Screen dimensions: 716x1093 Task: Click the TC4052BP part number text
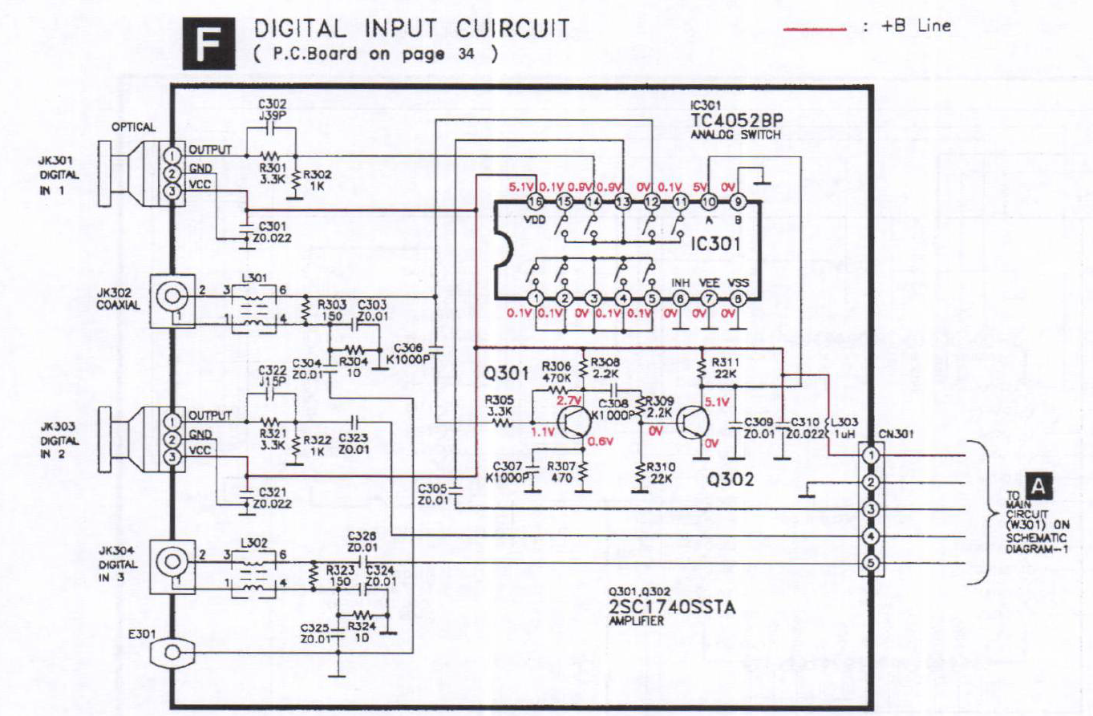click(736, 120)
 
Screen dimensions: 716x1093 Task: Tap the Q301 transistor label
click(506, 372)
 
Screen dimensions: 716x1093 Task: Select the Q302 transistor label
click(729, 479)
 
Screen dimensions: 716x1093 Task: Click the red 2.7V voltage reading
click(568, 399)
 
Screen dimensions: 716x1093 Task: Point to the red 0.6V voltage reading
click(601, 440)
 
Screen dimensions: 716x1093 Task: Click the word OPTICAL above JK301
click(133, 127)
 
